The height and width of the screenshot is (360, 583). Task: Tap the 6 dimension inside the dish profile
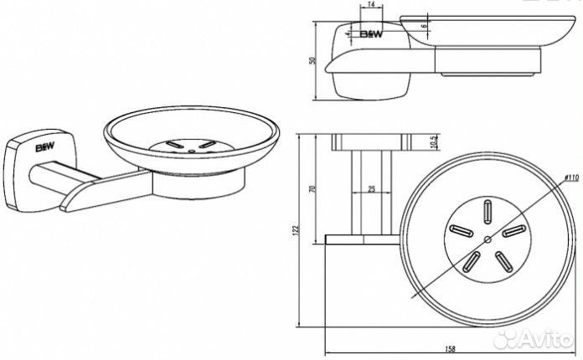pos(425,26)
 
